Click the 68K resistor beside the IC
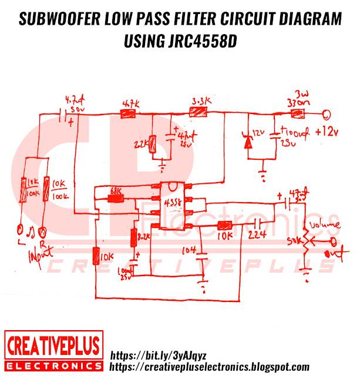(x=116, y=199)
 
